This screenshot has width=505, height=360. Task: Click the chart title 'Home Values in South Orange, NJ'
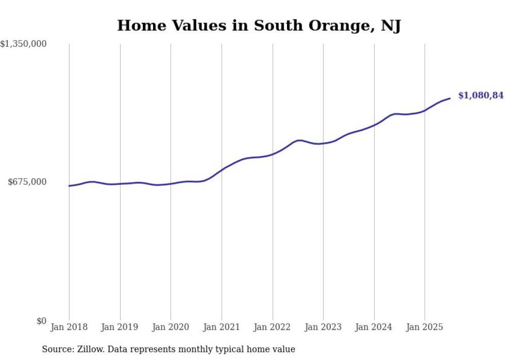coord(259,25)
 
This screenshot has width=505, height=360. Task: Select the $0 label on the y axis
coord(41,321)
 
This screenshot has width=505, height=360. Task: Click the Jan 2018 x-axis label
coord(69,327)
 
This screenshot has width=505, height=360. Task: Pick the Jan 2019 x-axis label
coord(120,327)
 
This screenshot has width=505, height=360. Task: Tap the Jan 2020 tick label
coord(171,327)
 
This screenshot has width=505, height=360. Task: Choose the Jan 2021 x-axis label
coord(222,327)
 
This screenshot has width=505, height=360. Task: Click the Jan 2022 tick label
coord(272,327)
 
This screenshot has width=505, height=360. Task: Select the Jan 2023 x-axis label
coord(323,327)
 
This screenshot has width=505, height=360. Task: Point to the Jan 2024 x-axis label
coord(374,327)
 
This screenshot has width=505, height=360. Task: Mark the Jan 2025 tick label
coord(425,327)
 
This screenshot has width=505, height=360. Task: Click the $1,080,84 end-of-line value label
coord(480,95)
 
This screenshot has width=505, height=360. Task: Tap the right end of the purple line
coord(450,98)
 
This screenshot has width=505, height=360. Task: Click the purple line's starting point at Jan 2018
coord(69,186)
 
